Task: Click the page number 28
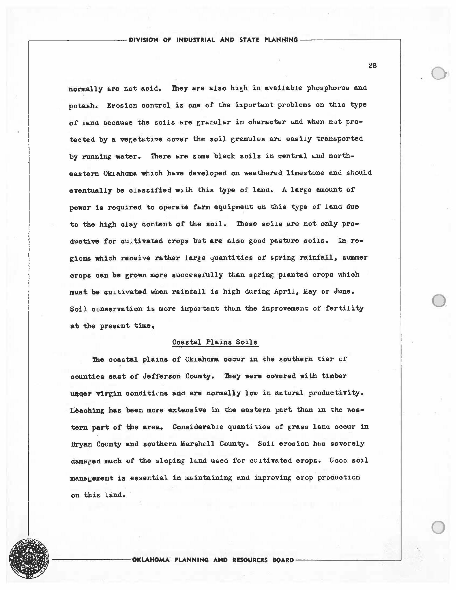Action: tap(372, 66)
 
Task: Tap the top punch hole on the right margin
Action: tap(439, 73)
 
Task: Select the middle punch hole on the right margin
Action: tap(439, 300)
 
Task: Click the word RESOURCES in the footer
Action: tap(250, 560)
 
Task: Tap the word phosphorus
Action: tap(328, 88)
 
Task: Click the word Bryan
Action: tap(81, 444)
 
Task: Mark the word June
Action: tap(344, 292)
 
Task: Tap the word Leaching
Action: tap(87, 410)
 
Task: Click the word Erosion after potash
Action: tap(122, 105)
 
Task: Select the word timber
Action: tap(334, 376)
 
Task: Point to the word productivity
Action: tap(336, 393)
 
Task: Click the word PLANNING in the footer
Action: tap(192, 560)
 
